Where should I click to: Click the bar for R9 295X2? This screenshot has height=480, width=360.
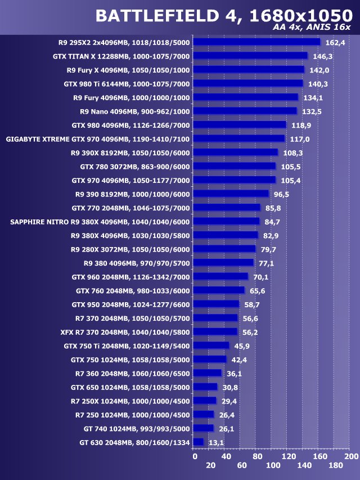256,42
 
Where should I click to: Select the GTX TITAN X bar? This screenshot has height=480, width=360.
250,56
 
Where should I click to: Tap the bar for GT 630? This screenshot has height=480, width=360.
198,442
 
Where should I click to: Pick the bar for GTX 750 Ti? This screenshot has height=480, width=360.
211,346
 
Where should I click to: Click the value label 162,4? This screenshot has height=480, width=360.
335,42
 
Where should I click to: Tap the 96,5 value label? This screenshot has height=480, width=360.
281,194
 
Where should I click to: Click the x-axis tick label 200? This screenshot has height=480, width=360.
351,456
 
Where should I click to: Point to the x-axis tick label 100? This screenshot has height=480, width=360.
273,466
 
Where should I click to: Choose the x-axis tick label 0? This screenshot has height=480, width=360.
195,456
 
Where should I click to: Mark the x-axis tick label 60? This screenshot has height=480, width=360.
242,466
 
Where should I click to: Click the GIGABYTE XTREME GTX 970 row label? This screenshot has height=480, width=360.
98,139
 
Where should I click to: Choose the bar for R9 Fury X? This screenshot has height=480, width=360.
249,70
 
